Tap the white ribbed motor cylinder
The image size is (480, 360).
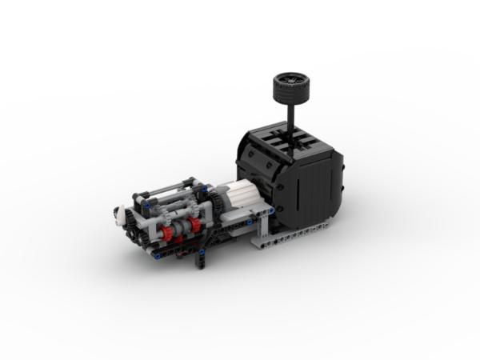[241, 194]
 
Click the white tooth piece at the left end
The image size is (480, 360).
[120, 214]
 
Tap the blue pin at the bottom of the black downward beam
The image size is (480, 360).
[202, 252]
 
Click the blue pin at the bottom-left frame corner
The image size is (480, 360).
[158, 256]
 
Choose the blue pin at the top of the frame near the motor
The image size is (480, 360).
[204, 189]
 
